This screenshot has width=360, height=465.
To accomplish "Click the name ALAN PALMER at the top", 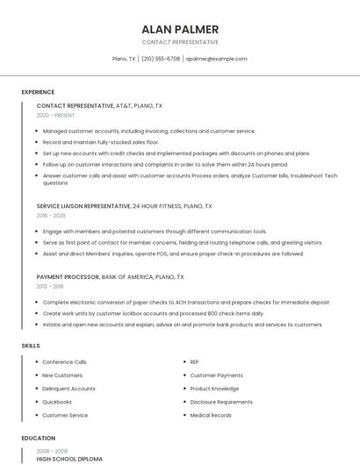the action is pyautogui.click(x=180, y=29).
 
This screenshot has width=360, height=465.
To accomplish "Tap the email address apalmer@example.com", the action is pyautogui.click(x=216, y=59).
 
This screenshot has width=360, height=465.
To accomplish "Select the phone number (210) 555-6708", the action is pyautogui.click(x=161, y=59).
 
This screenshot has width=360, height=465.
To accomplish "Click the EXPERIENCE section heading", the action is pyautogui.click(x=38, y=92).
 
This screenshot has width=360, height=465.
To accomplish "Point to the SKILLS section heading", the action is pyautogui.click(x=31, y=346).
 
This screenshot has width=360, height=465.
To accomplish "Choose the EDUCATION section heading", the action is pyautogui.click(x=38, y=438).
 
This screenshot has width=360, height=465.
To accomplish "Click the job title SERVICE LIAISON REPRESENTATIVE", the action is pyautogui.click(x=83, y=206).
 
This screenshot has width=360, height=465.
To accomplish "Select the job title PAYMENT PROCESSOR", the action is pyautogui.click(x=68, y=276).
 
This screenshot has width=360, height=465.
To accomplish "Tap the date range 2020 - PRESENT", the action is pyautogui.click(x=55, y=115).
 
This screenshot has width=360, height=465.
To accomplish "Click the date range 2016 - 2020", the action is pyautogui.click(x=51, y=215).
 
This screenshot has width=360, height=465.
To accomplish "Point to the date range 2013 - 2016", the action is pyautogui.click(x=50, y=285).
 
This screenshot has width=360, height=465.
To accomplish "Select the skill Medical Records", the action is pyautogui.click(x=211, y=415).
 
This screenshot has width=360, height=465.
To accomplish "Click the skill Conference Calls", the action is pyautogui.click(x=64, y=361).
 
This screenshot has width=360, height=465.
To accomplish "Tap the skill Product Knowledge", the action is pyautogui.click(x=214, y=389).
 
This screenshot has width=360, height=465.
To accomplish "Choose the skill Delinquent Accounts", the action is pyautogui.click(x=68, y=389).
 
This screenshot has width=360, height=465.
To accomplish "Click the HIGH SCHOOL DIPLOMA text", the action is pyautogui.click(x=69, y=459).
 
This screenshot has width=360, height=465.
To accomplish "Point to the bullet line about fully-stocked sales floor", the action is pyautogui.click(x=100, y=141).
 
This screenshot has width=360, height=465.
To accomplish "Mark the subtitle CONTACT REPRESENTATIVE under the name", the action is pyautogui.click(x=180, y=42).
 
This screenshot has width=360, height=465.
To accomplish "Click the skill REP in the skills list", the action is pyautogui.click(x=194, y=361).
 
